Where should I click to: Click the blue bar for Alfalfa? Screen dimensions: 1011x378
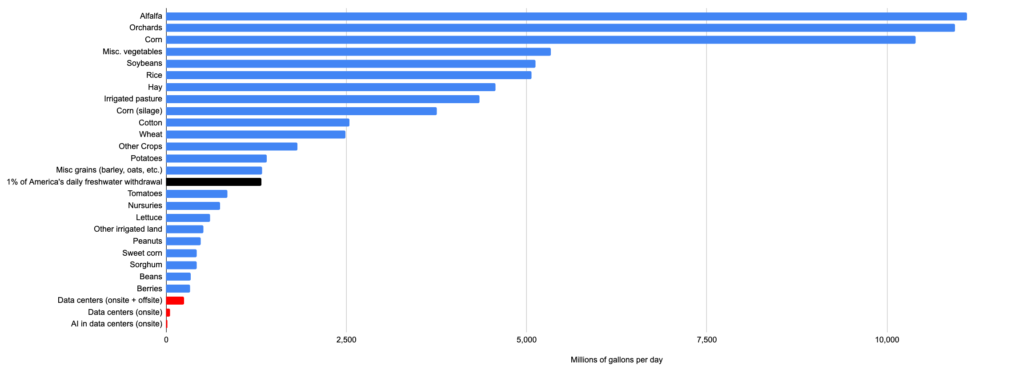(566, 16)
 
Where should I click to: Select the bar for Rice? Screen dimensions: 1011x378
(349, 75)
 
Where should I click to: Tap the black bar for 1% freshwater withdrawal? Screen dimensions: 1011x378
(214, 182)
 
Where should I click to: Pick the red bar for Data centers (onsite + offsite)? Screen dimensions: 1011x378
(175, 301)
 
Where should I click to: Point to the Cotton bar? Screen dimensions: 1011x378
(258, 123)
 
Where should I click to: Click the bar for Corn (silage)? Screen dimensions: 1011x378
(301, 111)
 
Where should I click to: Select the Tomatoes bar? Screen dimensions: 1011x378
(197, 194)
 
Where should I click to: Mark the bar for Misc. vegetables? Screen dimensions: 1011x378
(358, 52)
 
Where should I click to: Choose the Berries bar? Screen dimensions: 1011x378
(178, 289)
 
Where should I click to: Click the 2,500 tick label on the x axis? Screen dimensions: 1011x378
(346, 340)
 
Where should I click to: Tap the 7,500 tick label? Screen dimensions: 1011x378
(706, 340)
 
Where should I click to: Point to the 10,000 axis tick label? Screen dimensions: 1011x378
(887, 340)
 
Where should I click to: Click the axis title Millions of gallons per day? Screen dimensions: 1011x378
(617, 360)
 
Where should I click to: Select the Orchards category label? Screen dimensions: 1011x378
(146, 28)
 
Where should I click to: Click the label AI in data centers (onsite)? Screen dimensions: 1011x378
(116, 324)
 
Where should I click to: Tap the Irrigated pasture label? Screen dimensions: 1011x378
(133, 99)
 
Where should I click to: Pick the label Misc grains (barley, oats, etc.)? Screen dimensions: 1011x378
(109, 170)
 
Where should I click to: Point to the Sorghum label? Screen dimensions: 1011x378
(146, 265)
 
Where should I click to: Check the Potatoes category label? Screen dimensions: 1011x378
(146, 158)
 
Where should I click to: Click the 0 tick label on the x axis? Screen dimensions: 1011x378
(166, 340)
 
